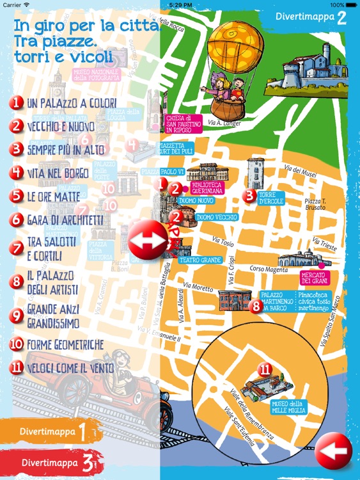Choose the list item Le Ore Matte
click(x=54, y=196)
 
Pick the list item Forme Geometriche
click(x=65, y=345)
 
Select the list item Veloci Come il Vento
click(x=70, y=368)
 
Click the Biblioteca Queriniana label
click(x=208, y=189)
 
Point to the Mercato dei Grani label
click(x=313, y=278)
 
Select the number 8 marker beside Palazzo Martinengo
click(x=256, y=306)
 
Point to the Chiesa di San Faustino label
click(x=184, y=124)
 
